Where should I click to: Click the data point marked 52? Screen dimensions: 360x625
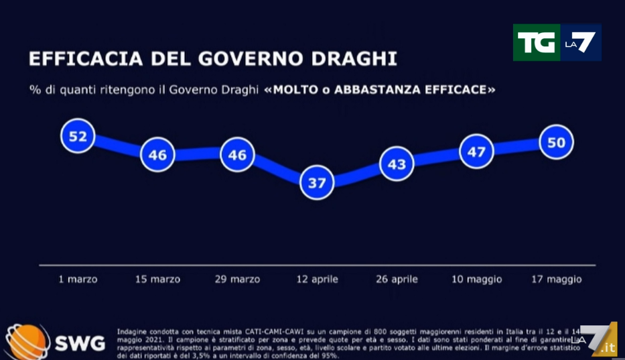tap(78, 137)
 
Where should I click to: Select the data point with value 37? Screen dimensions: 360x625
tap(317, 182)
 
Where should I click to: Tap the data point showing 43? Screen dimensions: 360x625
tap(397, 164)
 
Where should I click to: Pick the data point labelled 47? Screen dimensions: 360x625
tap(476, 152)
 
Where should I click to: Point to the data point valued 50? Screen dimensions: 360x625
tap(556, 142)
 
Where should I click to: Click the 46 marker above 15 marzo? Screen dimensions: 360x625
tap(157, 155)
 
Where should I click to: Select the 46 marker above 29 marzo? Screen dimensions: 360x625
tap(237, 155)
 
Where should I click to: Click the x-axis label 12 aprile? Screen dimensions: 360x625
tap(317, 279)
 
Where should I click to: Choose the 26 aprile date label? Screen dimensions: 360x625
tap(396, 279)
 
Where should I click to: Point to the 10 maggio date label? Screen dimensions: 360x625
tap(476, 279)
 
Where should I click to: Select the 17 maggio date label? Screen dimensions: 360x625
tap(555, 279)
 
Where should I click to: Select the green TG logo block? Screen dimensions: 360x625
tap(536, 42)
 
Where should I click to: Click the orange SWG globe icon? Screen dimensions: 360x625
tap(27, 342)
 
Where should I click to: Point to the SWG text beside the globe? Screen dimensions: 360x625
tap(79, 344)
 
